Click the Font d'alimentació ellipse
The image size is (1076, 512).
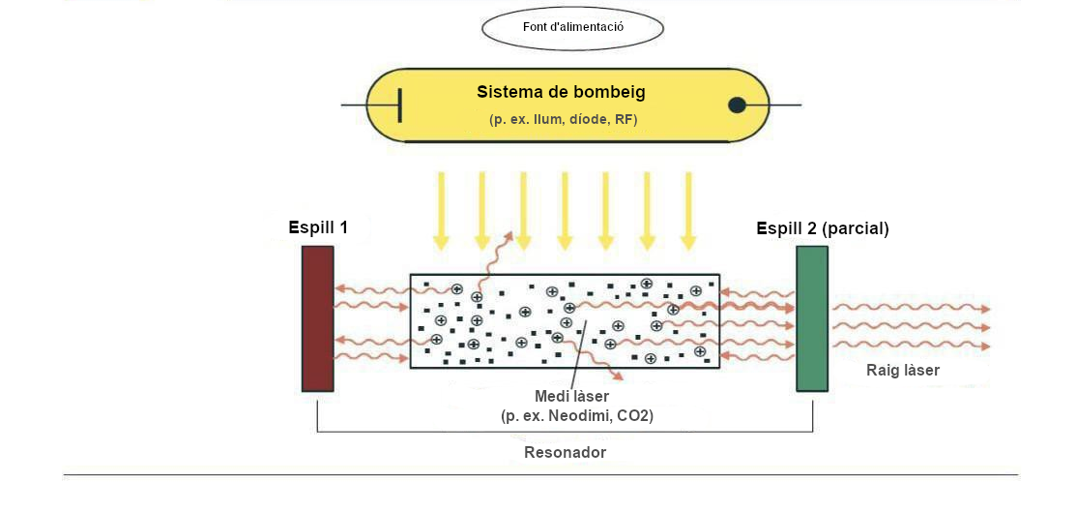(572, 28)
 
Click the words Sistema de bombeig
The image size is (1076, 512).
(561, 93)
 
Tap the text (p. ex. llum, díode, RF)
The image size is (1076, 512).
(563, 120)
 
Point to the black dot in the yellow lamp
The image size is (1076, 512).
(737, 105)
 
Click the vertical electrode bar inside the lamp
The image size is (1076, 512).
(399, 105)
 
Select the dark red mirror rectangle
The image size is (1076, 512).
(317, 318)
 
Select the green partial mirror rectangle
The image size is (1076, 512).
(812, 318)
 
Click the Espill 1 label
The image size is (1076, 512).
(318, 228)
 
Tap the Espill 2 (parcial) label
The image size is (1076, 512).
(823, 229)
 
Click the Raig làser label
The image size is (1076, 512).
(902, 370)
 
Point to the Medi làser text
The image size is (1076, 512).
(572, 397)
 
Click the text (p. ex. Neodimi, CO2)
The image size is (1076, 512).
(577, 416)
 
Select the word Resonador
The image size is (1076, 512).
(565, 452)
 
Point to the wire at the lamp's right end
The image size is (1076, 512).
(785, 105)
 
